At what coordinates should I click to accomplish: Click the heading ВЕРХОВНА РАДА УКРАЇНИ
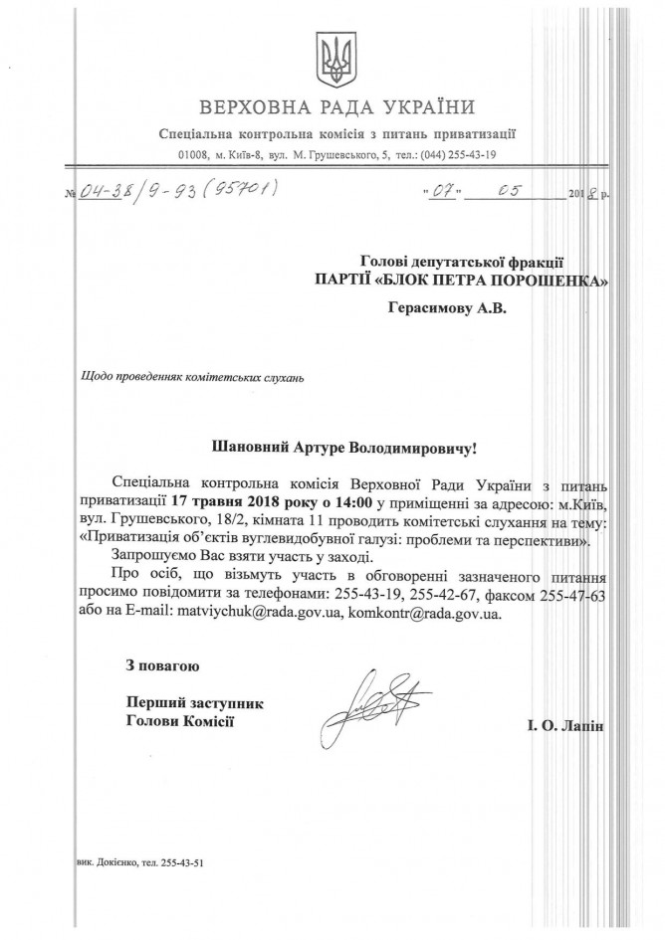[x=336, y=107]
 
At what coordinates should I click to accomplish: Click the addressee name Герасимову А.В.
[x=447, y=309]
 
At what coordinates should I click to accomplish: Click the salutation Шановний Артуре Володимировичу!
[x=337, y=450]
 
